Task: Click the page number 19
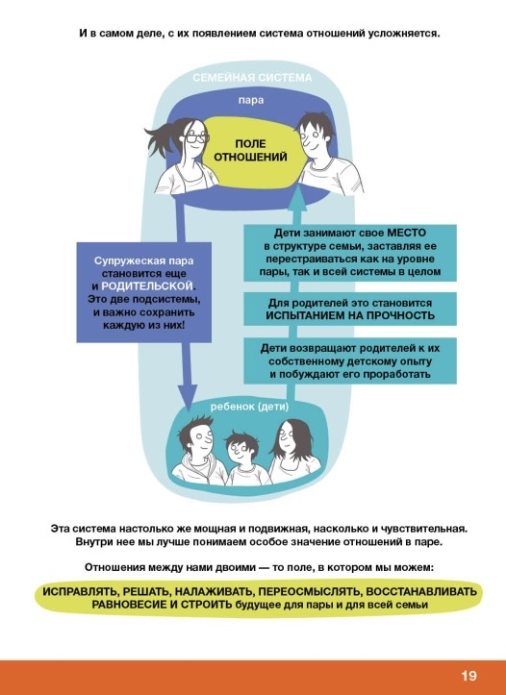[x=468, y=676]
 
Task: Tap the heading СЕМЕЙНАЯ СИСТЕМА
[x=252, y=78]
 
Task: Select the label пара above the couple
[x=251, y=100]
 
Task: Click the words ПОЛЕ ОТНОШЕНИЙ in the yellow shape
[x=250, y=150]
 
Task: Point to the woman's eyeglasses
[x=196, y=137]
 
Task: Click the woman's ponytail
[x=162, y=137]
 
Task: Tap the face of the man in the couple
[x=314, y=138]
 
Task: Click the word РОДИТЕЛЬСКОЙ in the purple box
[x=147, y=285]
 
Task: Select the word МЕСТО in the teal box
[x=406, y=233]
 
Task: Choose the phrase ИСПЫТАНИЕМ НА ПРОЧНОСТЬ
[x=350, y=315]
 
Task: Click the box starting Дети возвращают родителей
[x=350, y=360]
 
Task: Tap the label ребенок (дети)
[x=250, y=407]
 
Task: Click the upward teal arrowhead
[x=298, y=199]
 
